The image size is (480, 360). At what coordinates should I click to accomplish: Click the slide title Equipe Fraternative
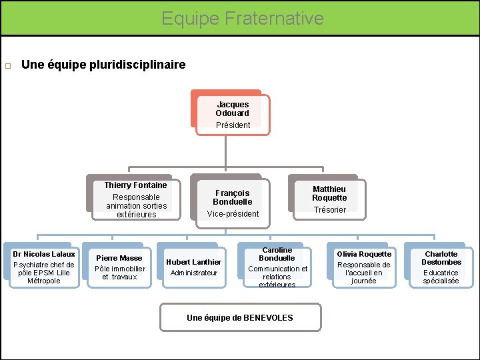[x=242, y=18]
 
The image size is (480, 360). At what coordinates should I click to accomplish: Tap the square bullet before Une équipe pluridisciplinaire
[x=8, y=66]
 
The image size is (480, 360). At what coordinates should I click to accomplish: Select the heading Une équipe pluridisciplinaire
[x=103, y=65]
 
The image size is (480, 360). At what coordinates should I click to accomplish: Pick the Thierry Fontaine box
[x=135, y=199]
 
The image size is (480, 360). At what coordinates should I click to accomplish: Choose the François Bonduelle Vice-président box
[x=232, y=202]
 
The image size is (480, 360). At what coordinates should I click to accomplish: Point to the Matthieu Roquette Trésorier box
[x=329, y=198]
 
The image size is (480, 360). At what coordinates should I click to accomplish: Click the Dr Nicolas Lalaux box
[x=44, y=267]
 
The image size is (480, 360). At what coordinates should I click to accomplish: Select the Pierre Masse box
[x=119, y=266]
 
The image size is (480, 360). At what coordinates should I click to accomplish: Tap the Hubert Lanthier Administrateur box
[x=193, y=267]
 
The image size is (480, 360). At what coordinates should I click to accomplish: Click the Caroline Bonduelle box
[x=277, y=267]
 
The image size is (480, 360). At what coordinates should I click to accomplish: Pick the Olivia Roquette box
[x=364, y=267]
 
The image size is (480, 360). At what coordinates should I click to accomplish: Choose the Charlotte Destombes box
[x=441, y=267]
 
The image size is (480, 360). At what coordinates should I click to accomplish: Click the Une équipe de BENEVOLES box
[x=240, y=317]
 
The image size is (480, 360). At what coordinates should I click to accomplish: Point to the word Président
[x=233, y=125]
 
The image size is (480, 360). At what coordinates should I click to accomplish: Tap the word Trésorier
[x=330, y=210]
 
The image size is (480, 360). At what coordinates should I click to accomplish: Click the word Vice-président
[x=233, y=214]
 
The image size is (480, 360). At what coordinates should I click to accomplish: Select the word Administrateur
[x=193, y=273]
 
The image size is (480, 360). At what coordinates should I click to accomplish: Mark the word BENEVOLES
[x=267, y=318]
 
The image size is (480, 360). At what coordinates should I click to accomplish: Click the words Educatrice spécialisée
[x=441, y=277]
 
